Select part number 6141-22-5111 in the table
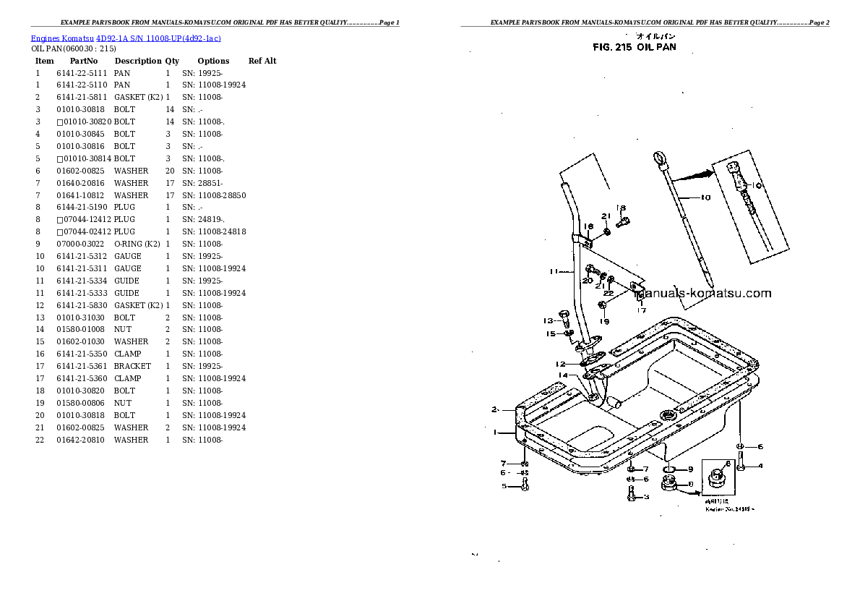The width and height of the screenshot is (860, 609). [82, 73]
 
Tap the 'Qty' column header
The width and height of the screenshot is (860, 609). [172, 61]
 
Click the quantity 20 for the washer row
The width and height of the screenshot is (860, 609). [170, 171]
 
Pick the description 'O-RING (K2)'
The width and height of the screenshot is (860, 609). [137, 244]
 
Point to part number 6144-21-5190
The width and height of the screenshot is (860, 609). [82, 207]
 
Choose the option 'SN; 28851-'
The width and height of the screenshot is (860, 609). [203, 183]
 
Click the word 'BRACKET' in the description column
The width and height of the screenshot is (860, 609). [132, 366]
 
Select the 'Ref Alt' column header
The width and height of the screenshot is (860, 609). [262, 61]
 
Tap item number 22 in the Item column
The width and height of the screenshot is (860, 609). [40, 440]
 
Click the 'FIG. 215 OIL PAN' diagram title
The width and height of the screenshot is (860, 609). [634, 48]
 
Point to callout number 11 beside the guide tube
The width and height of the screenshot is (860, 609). [554, 272]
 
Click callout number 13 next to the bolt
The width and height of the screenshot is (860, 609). [549, 320]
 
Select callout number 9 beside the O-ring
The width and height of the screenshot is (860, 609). [690, 470]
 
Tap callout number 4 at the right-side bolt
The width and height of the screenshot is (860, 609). [760, 466]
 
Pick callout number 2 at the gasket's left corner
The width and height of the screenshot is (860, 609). [495, 409]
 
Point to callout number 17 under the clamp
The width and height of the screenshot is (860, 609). [640, 311]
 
